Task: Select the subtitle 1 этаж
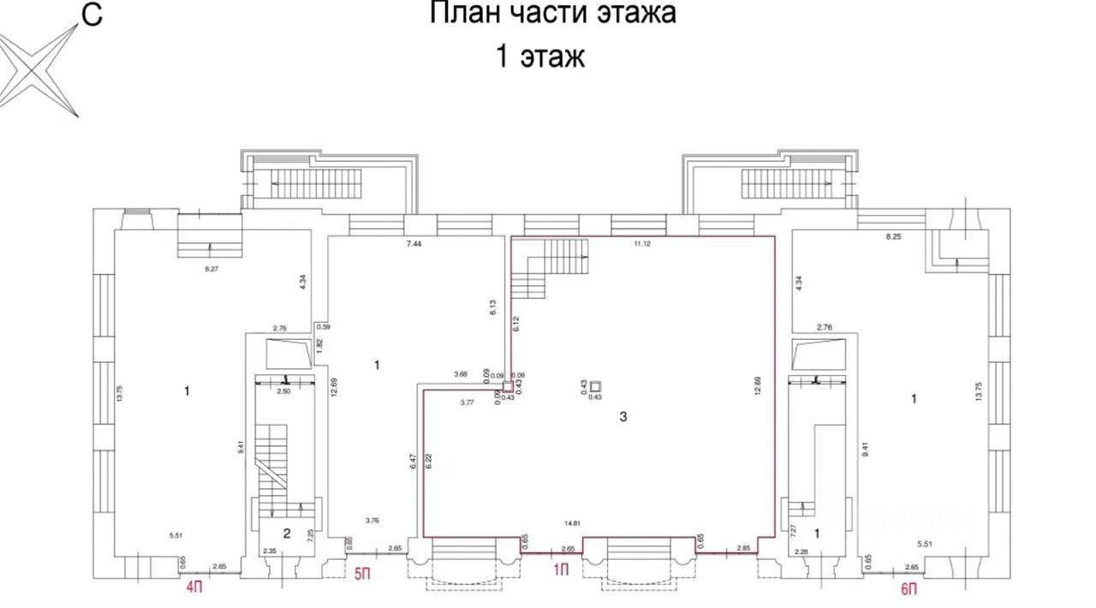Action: point(539,57)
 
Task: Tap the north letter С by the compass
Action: point(91,15)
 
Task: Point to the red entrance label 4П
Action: point(194,587)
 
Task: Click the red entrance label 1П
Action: point(561,569)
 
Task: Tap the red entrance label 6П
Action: point(909,587)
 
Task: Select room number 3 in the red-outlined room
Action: point(623,417)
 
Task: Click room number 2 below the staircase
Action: point(287,533)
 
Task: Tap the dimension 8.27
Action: point(211,269)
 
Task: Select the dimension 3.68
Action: point(462,373)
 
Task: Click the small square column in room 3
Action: point(595,386)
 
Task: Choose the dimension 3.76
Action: point(372,520)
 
